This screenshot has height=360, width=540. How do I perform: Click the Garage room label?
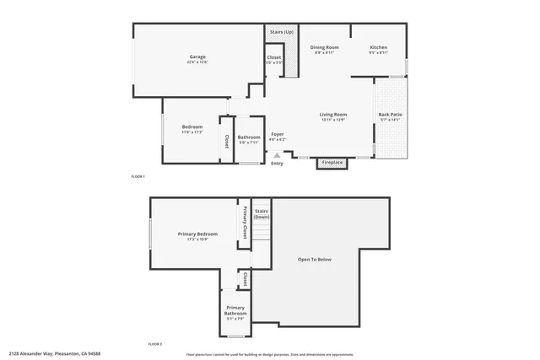[197, 56]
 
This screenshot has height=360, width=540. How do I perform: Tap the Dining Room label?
[324, 47]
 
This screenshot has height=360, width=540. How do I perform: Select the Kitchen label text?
[378, 47]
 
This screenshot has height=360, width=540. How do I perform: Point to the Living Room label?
[333, 115]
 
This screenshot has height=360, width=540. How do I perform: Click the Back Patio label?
[389, 115]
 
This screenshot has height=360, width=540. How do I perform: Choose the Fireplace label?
[332, 162]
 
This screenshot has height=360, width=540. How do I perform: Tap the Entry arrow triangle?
[277, 155]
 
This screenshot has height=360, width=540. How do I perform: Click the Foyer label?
[277, 134]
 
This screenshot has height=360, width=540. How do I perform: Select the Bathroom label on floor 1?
[249, 137]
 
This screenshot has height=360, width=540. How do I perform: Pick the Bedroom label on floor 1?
[192, 127]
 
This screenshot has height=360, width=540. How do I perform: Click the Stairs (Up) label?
[282, 32]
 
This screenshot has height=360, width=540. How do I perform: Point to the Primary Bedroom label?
[197, 234]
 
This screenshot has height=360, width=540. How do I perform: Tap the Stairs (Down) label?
[262, 213]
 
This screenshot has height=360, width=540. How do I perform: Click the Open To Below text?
[315, 259]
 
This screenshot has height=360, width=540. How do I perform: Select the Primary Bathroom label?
[235, 310]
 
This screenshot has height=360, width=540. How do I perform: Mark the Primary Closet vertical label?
[245, 222]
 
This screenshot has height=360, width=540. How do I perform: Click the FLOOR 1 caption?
[138, 176]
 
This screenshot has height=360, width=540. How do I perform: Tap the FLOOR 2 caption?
[155, 344]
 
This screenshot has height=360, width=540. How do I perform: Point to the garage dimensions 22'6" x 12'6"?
[197, 62]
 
